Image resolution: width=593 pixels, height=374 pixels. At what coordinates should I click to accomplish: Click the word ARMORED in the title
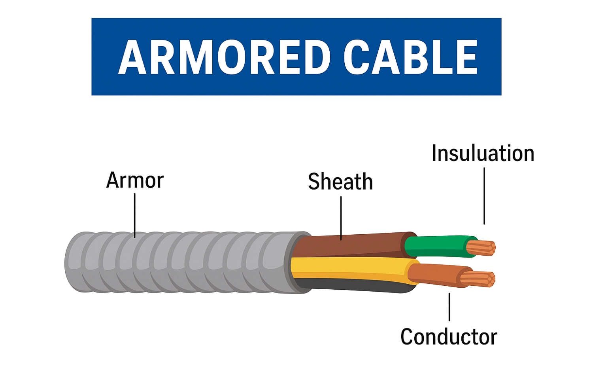(x=224, y=58)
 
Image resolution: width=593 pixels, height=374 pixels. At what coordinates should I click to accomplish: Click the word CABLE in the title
(x=410, y=58)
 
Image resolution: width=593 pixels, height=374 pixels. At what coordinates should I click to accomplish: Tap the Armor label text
(x=135, y=180)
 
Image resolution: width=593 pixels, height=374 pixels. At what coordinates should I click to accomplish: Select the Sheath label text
(x=340, y=182)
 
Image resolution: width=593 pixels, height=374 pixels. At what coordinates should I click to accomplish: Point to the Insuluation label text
(x=483, y=154)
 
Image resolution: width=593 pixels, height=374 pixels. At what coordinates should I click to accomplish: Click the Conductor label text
(x=449, y=337)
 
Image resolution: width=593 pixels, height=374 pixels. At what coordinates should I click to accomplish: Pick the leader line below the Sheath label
(x=341, y=218)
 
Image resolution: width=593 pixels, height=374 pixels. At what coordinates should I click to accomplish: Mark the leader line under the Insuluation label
(x=484, y=196)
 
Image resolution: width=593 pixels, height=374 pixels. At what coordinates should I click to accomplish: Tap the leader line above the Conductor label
(x=449, y=307)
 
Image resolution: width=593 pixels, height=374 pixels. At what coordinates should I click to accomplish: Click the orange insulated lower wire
(x=435, y=274)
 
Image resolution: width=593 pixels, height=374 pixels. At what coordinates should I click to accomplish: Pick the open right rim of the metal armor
(x=298, y=262)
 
